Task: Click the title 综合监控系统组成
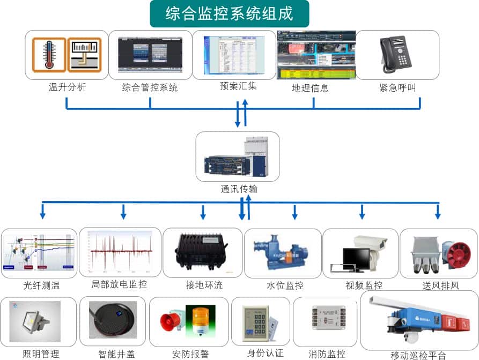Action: pos(229,13)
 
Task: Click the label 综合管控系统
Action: pos(150,87)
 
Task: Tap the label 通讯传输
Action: pos(239,189)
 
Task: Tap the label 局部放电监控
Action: pos(119,284)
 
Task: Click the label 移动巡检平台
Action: pos(418,355)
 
